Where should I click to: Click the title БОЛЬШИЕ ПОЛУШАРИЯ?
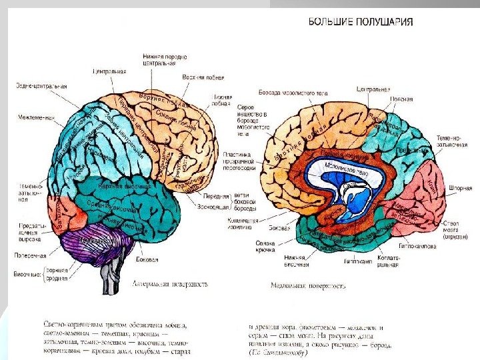(x=360, y=21)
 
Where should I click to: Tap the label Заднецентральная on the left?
(x=41, y=86)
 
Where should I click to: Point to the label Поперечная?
(x=29, y=255)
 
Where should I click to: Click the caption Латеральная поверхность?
(x=169, y=284)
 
